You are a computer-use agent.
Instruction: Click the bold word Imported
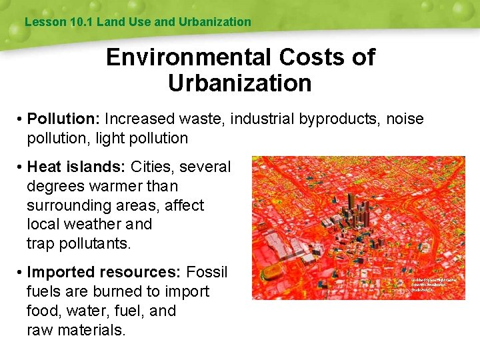point(62,272)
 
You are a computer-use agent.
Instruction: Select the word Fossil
point(207,272)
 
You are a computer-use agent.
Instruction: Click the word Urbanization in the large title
point(240,83)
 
